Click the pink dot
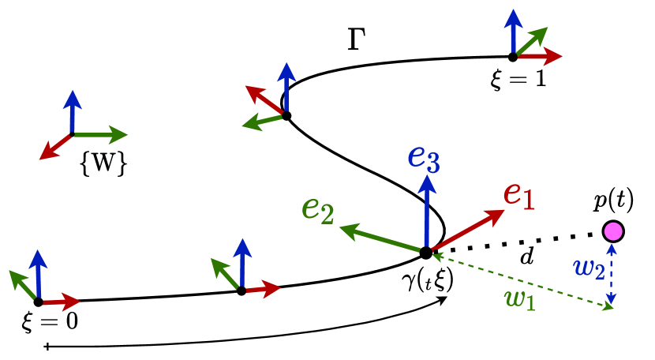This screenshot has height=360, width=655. coord(613,231)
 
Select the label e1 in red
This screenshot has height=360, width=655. coord(519,194)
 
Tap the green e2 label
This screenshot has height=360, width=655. coord(318,208)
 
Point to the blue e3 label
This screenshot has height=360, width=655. coord(424,156)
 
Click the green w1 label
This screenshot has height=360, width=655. coord(519,298)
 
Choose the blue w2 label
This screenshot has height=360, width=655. coord(589,268)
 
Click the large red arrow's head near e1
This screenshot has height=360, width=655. coord(496,215)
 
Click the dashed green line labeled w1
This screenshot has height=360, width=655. coord(521,279)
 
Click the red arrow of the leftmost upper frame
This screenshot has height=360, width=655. coord(54,148)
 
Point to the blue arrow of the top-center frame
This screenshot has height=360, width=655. coord(286,87)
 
